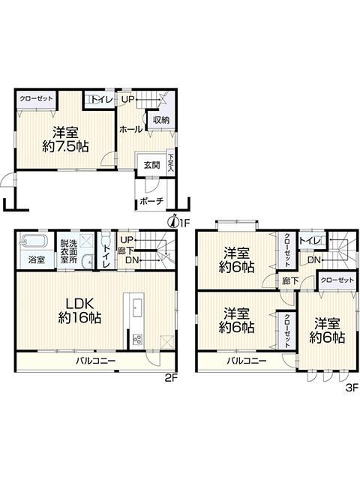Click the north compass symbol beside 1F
coord(173,221)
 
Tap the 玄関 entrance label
coord(152,165)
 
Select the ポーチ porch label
coord(151,202)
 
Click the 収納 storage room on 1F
coord(161,120)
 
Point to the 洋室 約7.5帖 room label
coord(65,139)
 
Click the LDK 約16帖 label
coord(80,310)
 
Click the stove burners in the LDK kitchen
coord(136,339)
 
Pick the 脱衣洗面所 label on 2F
coord(68,252)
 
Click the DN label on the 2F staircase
coord(132,260)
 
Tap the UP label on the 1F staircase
coord(128,99)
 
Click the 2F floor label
coord(171,378)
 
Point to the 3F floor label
coord(352,388)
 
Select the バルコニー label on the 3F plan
coord(247,361)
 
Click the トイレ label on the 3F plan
coord(310,241)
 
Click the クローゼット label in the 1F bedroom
coord(36,99)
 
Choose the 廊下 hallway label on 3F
coord(290,280)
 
